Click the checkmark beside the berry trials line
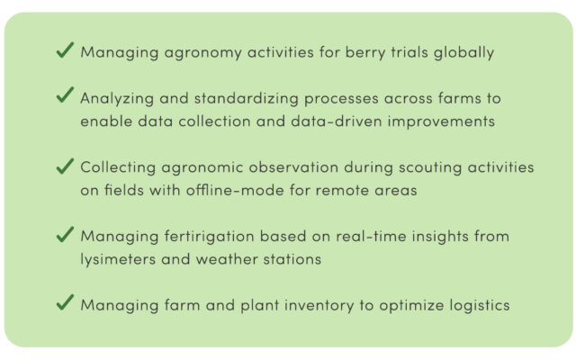click(x=65, y=50)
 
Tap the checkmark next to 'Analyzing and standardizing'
click(x=65, y=94)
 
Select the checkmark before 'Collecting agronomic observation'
click(x=65, y=166)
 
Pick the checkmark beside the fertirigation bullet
click(x=65, y=234)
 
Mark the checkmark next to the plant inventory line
click(x=65, y=302)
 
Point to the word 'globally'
click(x=463, y=53)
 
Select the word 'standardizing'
click(x=246, y=99)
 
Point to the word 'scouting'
click(x=430, y=168)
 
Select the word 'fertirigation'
click(x=209, y=237)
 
